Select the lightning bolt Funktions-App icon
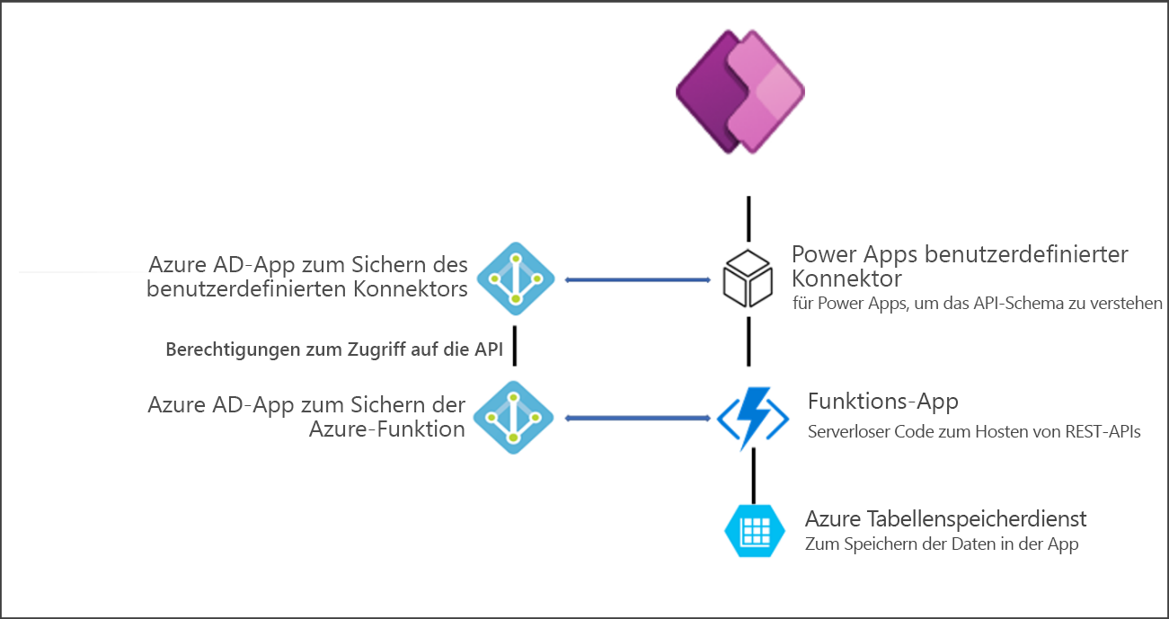point(751,417)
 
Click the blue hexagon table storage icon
point(749,530)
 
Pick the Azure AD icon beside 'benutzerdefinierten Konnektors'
point(515,280)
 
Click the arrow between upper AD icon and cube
point(638,280)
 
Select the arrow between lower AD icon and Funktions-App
point(638,417)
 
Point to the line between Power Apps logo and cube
point(748,218)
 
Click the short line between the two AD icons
point(515,349)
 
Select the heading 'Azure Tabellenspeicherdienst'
point(946,519)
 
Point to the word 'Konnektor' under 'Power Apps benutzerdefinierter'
point(846,279)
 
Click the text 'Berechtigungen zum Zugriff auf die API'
point(334,349)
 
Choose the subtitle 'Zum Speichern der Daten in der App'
point(942,544)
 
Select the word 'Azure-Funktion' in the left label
point(387,429)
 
